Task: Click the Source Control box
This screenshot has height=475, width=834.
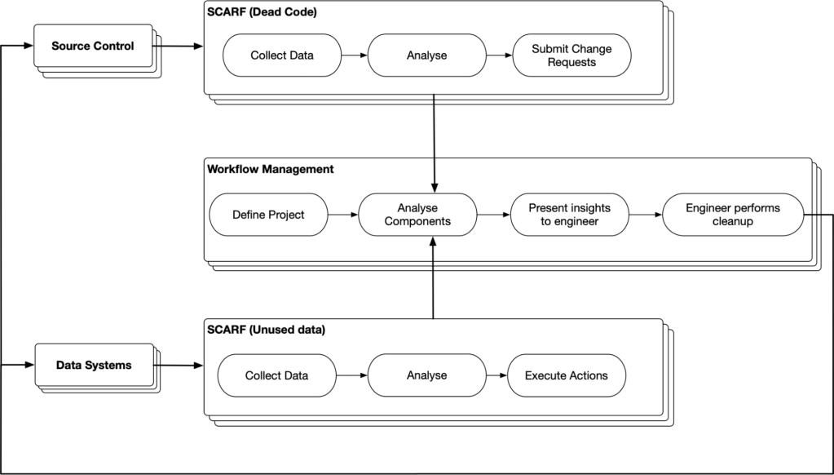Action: (93, 46)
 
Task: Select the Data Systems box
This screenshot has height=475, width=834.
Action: (94, 366)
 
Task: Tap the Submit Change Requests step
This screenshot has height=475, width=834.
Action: (571, 55)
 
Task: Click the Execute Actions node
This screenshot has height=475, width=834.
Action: (567, 375)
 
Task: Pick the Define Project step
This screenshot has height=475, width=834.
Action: (268, 215)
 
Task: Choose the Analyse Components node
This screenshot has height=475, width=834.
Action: (417, 215)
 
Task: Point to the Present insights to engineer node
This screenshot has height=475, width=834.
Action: (570, 215)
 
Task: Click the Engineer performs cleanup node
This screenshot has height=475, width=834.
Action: (733, 215)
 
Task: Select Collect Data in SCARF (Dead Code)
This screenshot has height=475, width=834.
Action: (282, 55)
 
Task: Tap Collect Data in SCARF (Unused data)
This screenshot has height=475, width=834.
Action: (276, 375)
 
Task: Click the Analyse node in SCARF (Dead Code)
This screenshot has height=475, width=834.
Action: (426, 55)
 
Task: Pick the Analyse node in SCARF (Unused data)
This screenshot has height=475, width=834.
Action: (426, 375)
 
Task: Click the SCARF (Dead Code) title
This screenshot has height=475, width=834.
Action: (262, 11)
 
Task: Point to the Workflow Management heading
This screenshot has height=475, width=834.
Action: (270, 169)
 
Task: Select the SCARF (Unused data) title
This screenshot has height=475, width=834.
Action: (266, 330)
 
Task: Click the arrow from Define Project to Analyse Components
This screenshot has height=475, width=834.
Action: (343, 215)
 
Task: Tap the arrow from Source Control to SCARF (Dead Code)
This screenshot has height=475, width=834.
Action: (179, 47)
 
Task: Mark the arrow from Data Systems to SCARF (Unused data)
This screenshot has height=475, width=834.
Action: (179, 366)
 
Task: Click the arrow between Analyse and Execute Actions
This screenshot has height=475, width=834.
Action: (496, 375)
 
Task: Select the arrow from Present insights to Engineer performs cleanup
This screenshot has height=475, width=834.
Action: (646, 215)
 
